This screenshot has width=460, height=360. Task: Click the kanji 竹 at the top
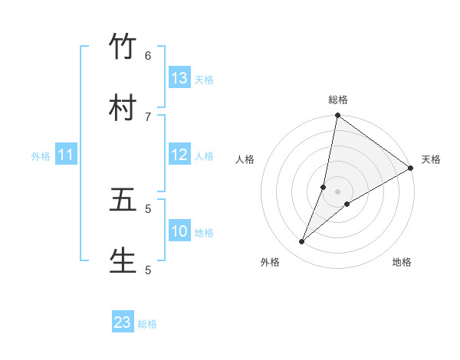pos(123,47)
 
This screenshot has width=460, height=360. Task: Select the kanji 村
pos(123,108)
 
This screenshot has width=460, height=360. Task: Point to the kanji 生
pos(123,260)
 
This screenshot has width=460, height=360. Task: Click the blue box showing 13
pos(179,78)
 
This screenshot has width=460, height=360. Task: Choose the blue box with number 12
pos(179,155)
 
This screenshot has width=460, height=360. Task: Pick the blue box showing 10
pos(179,231)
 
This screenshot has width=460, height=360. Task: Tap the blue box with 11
pos(66,155)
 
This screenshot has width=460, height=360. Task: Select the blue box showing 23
pos(123,322)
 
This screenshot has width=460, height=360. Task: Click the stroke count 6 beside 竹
pos(148,55)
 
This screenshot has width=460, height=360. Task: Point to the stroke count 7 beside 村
pos(148,116)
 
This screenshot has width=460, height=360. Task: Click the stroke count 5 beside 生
pos(148,269)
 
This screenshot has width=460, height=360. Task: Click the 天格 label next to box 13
pos(204,79)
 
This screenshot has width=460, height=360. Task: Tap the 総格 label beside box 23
pos(147,324)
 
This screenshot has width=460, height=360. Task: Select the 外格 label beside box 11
pos(41,156)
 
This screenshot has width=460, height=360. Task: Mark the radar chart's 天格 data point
pos(410,169)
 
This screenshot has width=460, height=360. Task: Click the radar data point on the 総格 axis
pos(337,116)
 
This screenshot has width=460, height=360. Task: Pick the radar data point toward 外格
pos(301,242)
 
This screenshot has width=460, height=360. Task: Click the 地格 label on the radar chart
pos(402,263)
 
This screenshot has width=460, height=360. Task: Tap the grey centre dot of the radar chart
pos(337,191)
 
